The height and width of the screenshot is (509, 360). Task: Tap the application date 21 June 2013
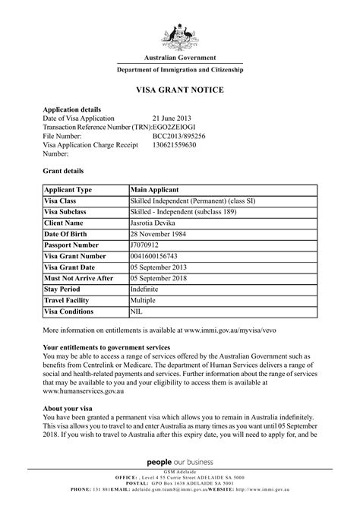[171, 117]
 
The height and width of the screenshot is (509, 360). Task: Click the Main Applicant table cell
[154, 188]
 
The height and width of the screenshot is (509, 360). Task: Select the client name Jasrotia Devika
[160, 224]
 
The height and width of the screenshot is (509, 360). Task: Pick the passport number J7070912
[147, 247]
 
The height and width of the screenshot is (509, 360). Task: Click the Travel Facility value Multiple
[146, 302]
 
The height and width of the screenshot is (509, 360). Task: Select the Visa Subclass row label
[68, 213]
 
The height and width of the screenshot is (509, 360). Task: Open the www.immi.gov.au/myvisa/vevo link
[250, 332]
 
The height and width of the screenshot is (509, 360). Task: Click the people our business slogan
[180, 463]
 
